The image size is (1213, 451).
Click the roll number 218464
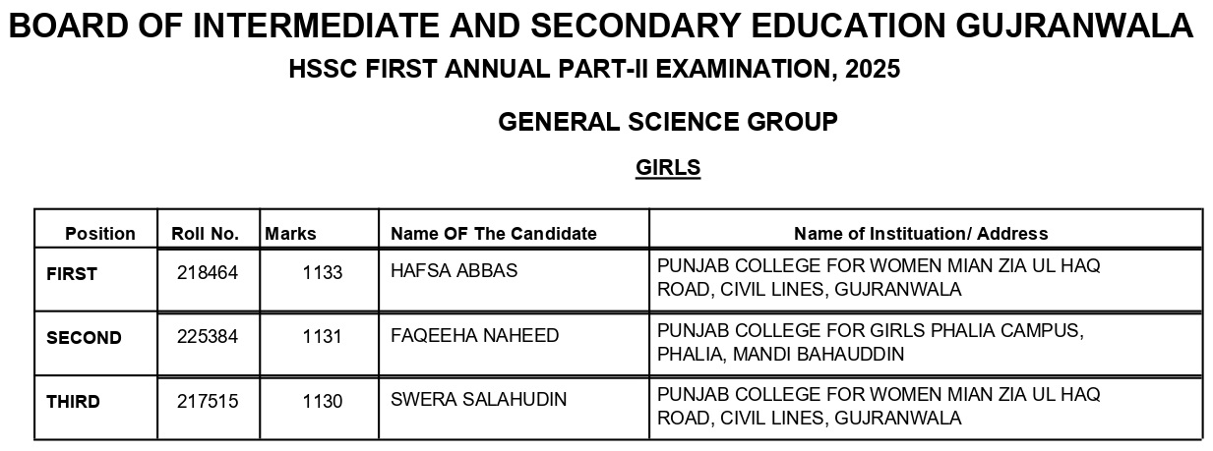tap(207, 273)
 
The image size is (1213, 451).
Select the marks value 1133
tap(323, 273)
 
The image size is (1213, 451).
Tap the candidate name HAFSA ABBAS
tap(454, 271)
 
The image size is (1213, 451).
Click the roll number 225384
tap(207, 336)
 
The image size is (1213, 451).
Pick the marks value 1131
tap(323, 336)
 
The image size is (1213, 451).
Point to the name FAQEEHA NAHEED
tap(475, 336)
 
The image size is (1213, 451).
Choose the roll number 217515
tap(207, 401)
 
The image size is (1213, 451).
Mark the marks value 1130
tap(323, 401)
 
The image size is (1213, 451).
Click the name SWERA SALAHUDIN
tap(478, 400)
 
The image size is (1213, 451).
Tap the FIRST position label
tap(72, 274)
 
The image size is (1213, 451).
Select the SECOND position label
tap(84, 337)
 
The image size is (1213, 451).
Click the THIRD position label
tap(73, 401)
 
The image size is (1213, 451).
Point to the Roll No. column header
tap(205, 234)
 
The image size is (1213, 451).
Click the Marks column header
tap(291, 234)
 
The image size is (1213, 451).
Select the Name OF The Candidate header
tap(494, 234)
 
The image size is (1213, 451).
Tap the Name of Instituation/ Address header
tap(921, 234)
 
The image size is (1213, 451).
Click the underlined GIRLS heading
tap(668, 168)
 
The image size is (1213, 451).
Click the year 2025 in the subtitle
tap(871, 71)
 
